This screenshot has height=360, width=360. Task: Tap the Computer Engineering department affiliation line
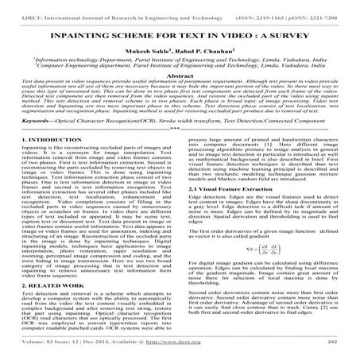click(180, 76)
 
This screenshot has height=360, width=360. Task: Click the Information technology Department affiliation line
click(180, 69)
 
